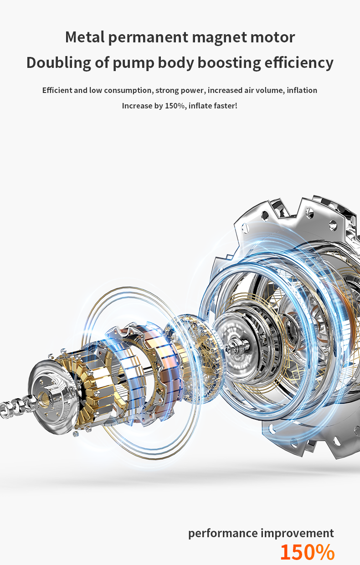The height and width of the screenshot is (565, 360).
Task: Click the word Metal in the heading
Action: pyautogui.click(x=85, y=37)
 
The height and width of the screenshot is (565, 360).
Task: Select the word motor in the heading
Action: pyautogui.click(x=273, y=37)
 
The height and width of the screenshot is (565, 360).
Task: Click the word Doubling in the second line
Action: pyautogui.click(x=58, y=63)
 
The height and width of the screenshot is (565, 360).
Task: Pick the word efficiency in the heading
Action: pyautogui.click(x=299, y=63)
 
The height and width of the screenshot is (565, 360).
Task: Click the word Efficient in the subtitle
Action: pyautogui.click(x=57, y=90)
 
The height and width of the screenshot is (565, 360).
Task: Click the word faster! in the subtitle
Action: pyautogui.click(x=226, y=106)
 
